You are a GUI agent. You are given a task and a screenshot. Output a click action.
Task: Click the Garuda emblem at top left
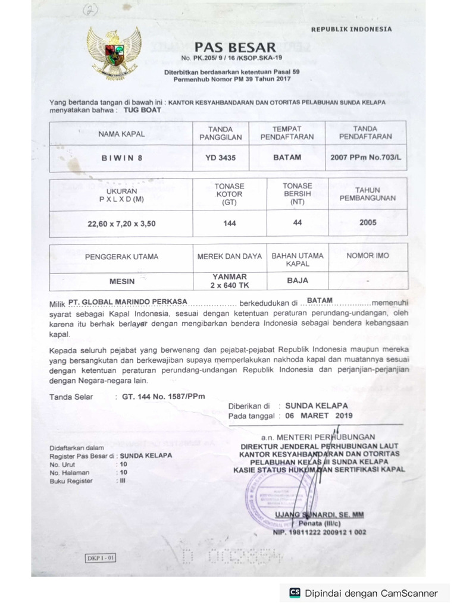tap(114, 54)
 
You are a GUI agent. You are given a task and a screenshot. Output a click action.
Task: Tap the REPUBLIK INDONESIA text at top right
tap(352, 29)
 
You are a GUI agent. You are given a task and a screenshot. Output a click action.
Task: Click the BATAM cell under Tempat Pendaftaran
tap(287, 158)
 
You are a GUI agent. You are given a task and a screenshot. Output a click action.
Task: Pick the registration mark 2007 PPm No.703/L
tap(365, 158)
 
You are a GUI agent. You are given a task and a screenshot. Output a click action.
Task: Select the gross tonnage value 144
tap(230, 223)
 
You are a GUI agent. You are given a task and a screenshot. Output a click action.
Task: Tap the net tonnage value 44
tap(298, 222)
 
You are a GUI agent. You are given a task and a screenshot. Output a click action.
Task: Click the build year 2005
tap(368, 222)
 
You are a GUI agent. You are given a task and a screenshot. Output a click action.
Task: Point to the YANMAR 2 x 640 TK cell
tap(229, 280)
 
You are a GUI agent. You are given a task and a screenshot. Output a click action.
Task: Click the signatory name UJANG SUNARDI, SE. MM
tap(319, 514)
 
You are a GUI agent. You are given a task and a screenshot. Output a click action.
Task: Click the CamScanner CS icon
tap(294, 592)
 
